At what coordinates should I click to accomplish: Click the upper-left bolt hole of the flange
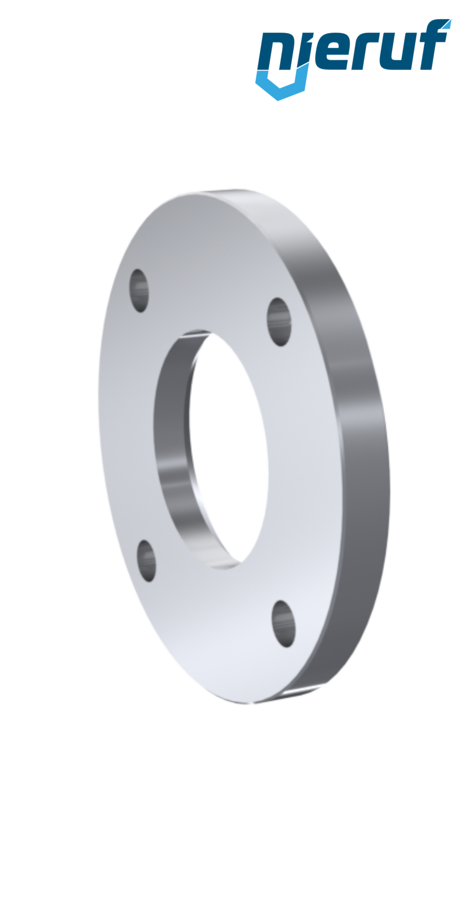pos(139,290)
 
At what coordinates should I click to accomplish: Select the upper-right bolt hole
pos(279,322)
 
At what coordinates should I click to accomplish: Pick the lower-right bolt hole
pos(284,624)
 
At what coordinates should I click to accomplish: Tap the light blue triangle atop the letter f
pos(446,24)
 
